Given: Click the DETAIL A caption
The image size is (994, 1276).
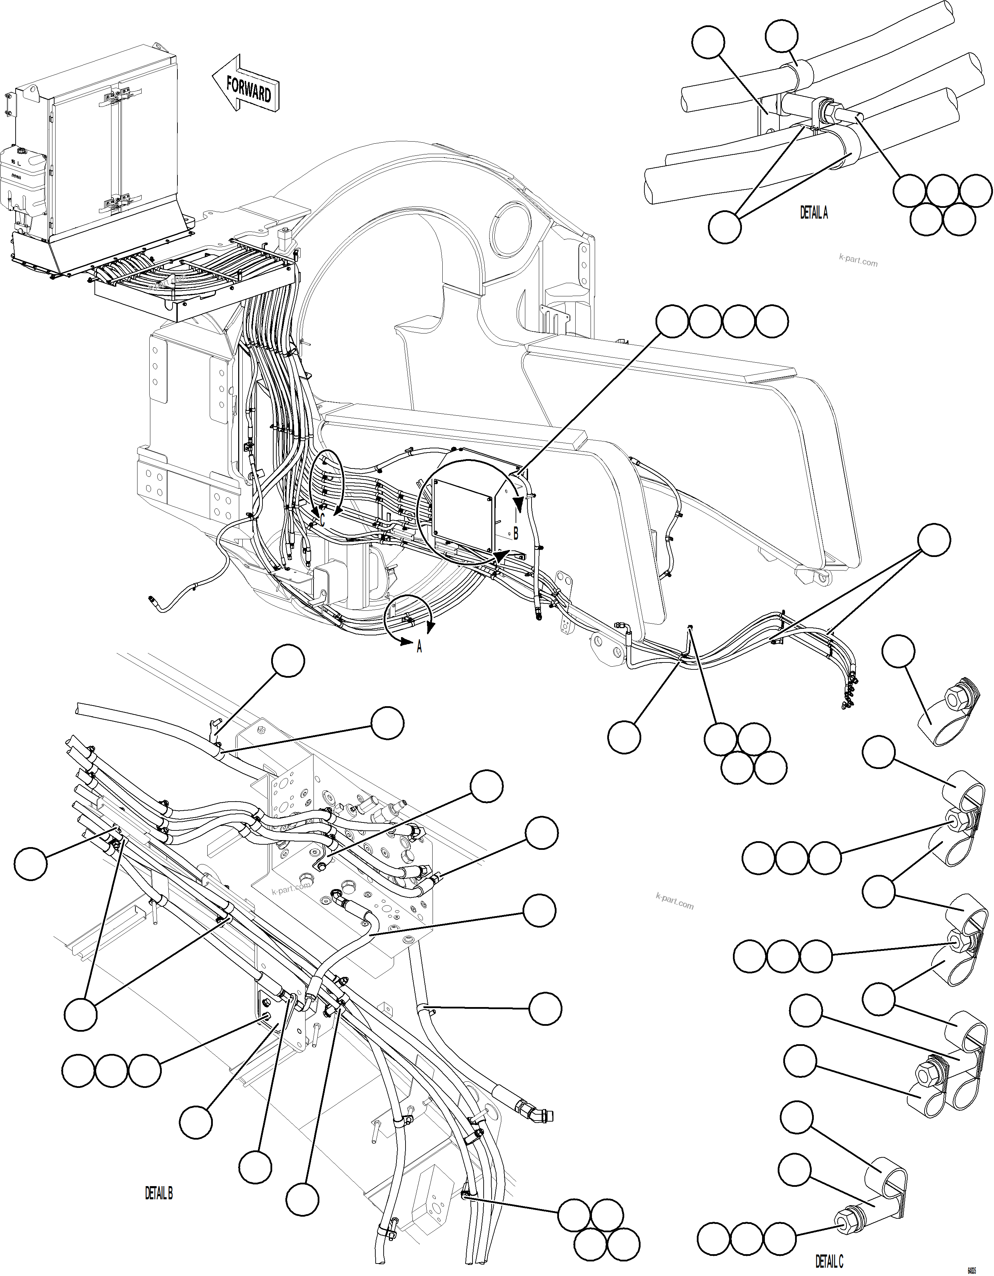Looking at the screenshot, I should [813, 214].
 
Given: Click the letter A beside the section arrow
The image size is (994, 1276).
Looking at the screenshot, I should [419, 647].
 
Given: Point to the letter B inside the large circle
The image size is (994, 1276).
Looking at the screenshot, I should [516, 533].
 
